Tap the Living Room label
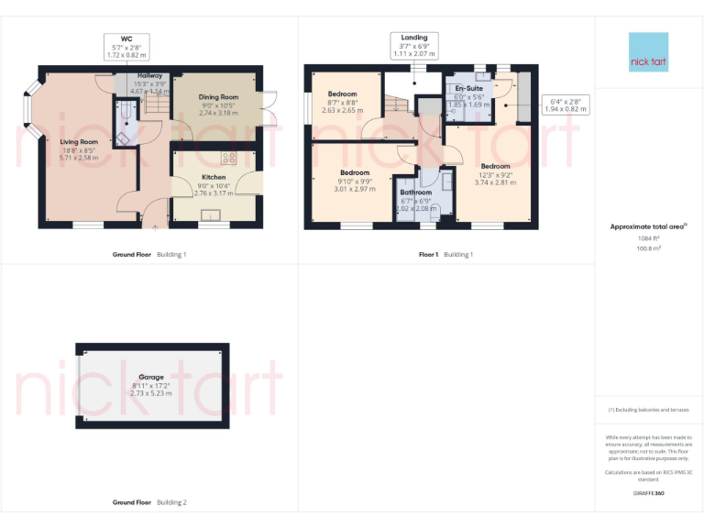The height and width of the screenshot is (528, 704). pyautogui.click(x=79, y=142)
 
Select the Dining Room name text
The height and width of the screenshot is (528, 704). pyautogui.click(x=218, y=97)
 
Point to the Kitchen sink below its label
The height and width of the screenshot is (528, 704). pyautogui.click(x=212, y=215)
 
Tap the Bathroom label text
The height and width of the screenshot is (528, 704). pyautogui.click(x=415, y=192)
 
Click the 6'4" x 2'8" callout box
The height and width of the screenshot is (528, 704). pyautogui.click(x=565, y=104)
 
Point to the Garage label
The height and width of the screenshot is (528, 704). pyautogui.click(x=151, y=377)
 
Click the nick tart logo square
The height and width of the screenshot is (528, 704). pyautogui.click(x=648, y=53)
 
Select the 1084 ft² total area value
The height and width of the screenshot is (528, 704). pyautogui.click(x=648, y=239)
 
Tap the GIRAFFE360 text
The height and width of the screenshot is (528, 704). pyautogui.click(x=648, y=493)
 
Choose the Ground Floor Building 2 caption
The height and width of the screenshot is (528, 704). pyautogui.click(x=148, y=502)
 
